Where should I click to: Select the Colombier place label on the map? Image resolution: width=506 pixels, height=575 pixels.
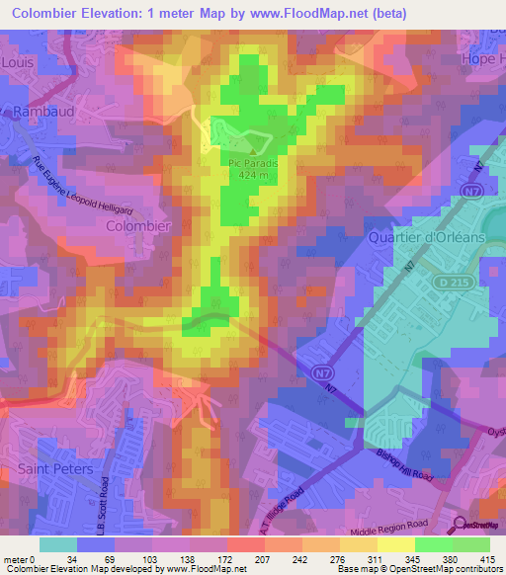[x=138, y=225]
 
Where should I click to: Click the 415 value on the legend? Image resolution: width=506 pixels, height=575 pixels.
[x=488, y=558]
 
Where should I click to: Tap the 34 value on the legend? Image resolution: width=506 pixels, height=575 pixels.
[x=72, y=558]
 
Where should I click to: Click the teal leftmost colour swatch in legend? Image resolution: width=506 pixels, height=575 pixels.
[x=57, y=544]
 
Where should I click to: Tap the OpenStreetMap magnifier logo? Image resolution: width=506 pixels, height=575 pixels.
[x=461, y=526]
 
